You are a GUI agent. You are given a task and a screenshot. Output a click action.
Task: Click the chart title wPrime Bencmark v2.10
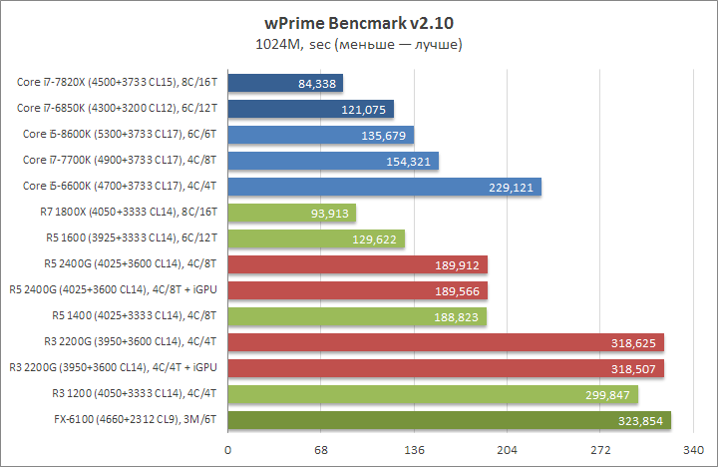click(x=359, y=20)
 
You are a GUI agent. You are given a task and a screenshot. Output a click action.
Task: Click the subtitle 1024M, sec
click(x=359, y=44)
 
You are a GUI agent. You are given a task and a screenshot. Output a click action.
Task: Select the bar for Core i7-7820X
click(x=285, y=83)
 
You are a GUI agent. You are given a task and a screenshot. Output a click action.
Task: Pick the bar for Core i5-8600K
click(x=321, y=135)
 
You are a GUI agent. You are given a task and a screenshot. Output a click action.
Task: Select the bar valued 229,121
click(x=384, y=187)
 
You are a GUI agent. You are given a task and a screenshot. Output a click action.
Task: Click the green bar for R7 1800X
click(x=292, y=213)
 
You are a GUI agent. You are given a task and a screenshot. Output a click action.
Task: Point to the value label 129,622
click(x=380, y=238)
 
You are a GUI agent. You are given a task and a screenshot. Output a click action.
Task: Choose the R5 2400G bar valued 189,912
click(x=357, y=264)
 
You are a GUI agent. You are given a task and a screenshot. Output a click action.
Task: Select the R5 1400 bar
click(x=356, y=316)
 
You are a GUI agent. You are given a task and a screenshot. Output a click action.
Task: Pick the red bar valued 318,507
click(x=446, y=368)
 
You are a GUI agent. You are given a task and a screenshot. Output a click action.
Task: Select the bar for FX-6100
click(x=449, y=420)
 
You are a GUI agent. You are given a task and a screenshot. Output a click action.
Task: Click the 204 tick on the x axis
click(x=508, y=450)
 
